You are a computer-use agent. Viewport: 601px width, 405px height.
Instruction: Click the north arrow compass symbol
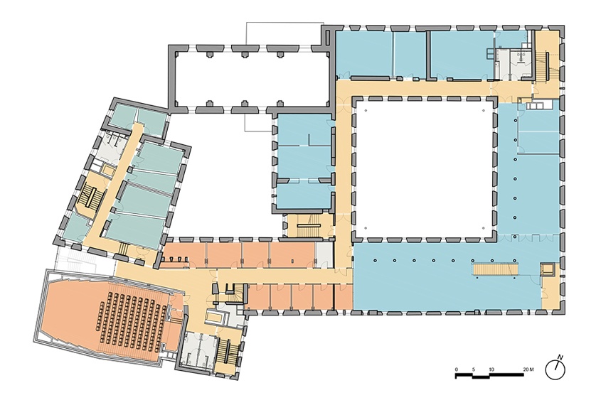(x=555, y=369)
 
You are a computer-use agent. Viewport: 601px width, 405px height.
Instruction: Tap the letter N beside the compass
(x=560, y=357)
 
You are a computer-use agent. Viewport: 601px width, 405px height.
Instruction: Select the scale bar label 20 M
(x=528, y=369)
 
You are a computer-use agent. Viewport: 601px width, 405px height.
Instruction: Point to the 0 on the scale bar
(x=456, y=369)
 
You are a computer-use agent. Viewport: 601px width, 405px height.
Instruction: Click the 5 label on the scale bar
(x=474, y=369)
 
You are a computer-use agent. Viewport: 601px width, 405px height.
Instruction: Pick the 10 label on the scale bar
(x=491, y=369)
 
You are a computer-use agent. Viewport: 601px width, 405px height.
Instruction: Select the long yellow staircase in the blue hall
(x=496, y=269)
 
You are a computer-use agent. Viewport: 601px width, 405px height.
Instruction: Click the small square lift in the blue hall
(x=547, y=269)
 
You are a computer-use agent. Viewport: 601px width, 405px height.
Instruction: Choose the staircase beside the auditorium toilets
(x=226, y=352)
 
